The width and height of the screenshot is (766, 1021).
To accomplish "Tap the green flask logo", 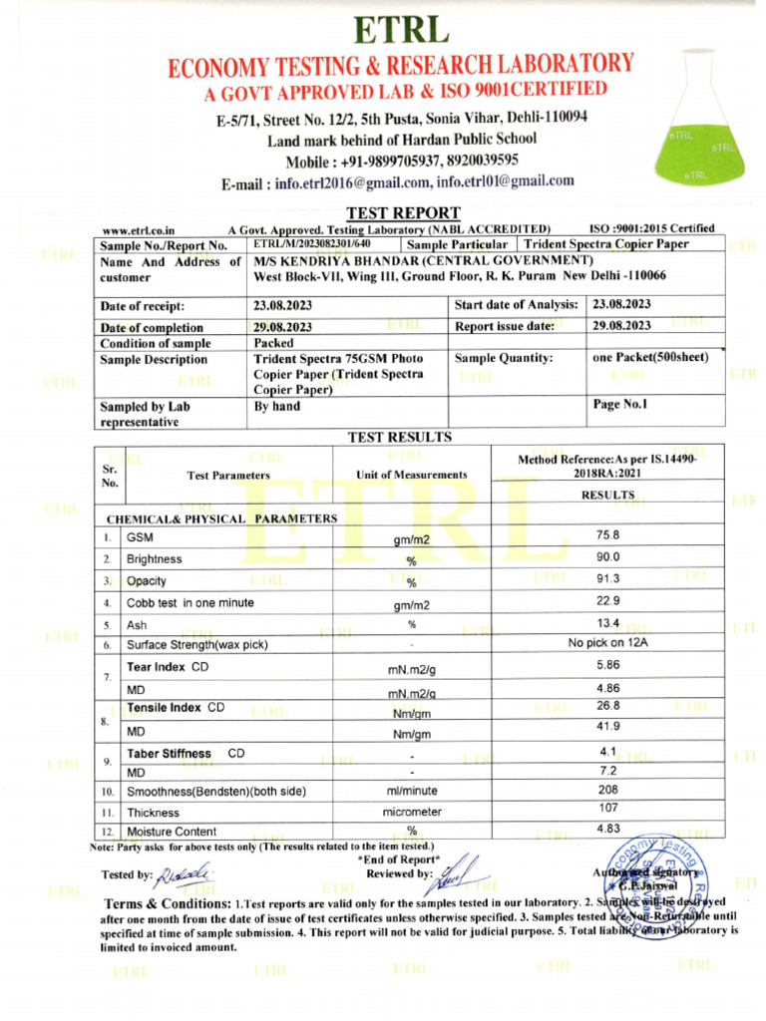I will point(695,130).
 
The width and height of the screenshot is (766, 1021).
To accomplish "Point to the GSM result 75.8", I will point(607,534).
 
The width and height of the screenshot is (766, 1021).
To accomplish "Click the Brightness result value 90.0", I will point(607,556).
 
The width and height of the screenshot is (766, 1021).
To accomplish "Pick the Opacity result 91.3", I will point(607,579).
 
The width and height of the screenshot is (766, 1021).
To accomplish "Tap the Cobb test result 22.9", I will point(607,600).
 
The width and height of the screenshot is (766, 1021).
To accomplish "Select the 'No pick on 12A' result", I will point(607,643).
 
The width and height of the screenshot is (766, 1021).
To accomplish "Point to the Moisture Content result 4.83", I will point(607,829).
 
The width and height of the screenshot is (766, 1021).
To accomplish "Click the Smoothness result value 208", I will point(607,788).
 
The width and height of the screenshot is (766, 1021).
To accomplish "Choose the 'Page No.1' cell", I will point(620,405).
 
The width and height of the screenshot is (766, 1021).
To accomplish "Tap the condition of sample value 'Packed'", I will point(273,343).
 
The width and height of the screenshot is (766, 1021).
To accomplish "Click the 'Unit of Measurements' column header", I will point(411,476).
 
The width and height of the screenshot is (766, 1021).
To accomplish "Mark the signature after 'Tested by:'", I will point(184,872).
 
